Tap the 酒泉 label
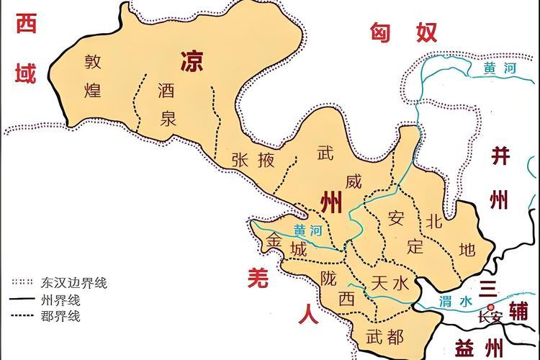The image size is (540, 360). tap(167, 104)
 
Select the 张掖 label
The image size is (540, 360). tap(253, 160)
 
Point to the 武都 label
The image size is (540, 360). tap(385, 335)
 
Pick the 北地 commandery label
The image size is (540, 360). tap(449, 234)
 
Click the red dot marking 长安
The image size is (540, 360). tap(490, 306)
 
